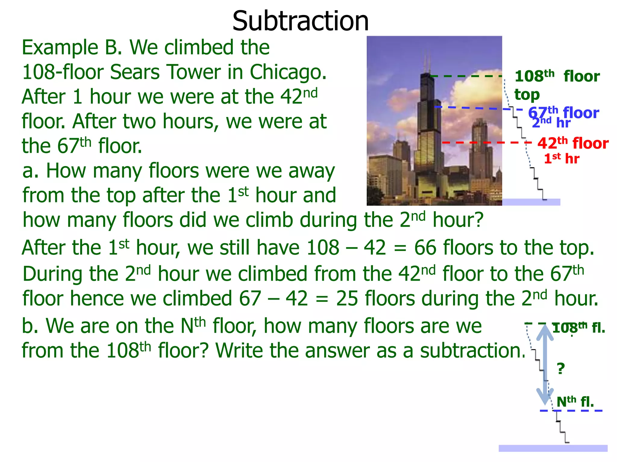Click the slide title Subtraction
click(x=300, y=21)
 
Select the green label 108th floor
click(x=557, y=76)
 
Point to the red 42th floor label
click(x=573, y=143)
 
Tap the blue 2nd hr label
click(x=551, y=123)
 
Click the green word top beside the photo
click(x=527, y=95)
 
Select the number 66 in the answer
click(x=425, y=248)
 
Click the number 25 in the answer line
click(x=347, y=299)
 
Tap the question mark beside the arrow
click(x=561, y=368)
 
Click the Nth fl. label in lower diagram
click(x=575, y=402)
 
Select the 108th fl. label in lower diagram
click(x=578, y=328)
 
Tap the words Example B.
click(x=72, y=48)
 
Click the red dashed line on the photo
click(x=482, y=143)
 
